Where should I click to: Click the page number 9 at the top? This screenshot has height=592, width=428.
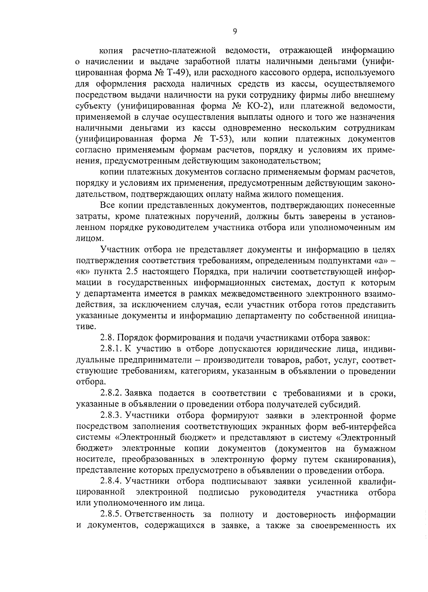(235, 31)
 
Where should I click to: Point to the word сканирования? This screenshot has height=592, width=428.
(365, 459)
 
